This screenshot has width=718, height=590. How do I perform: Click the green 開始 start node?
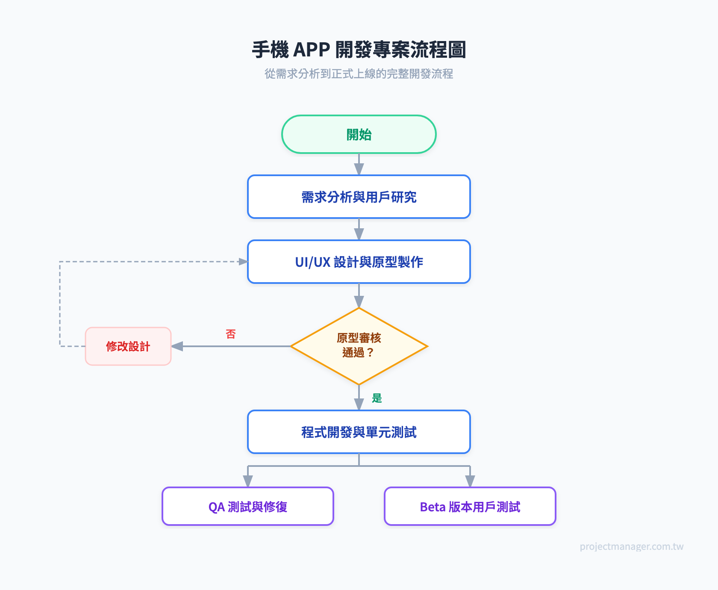359,134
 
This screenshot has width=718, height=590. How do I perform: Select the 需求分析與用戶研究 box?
359,197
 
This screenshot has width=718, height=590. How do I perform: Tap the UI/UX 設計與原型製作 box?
359,262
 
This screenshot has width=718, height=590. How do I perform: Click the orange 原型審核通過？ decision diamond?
359,345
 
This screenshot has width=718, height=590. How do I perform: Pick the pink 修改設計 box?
128,346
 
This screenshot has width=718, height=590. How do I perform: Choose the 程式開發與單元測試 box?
359,432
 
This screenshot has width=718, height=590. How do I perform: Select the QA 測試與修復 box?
248,506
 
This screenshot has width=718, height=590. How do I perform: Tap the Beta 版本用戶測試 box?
470,506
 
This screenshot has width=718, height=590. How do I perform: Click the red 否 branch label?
231,334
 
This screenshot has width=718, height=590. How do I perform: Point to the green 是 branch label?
377,398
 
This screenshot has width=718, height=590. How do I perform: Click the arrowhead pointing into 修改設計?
177,346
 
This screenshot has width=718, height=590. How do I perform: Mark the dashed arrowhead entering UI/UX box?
243,262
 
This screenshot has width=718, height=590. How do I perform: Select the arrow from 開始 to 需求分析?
359,164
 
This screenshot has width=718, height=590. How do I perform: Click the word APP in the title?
312,50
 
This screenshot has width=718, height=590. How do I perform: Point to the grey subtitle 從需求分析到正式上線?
359,74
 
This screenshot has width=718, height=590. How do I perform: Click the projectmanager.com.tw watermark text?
631,546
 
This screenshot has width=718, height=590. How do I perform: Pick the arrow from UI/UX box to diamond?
359,295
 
